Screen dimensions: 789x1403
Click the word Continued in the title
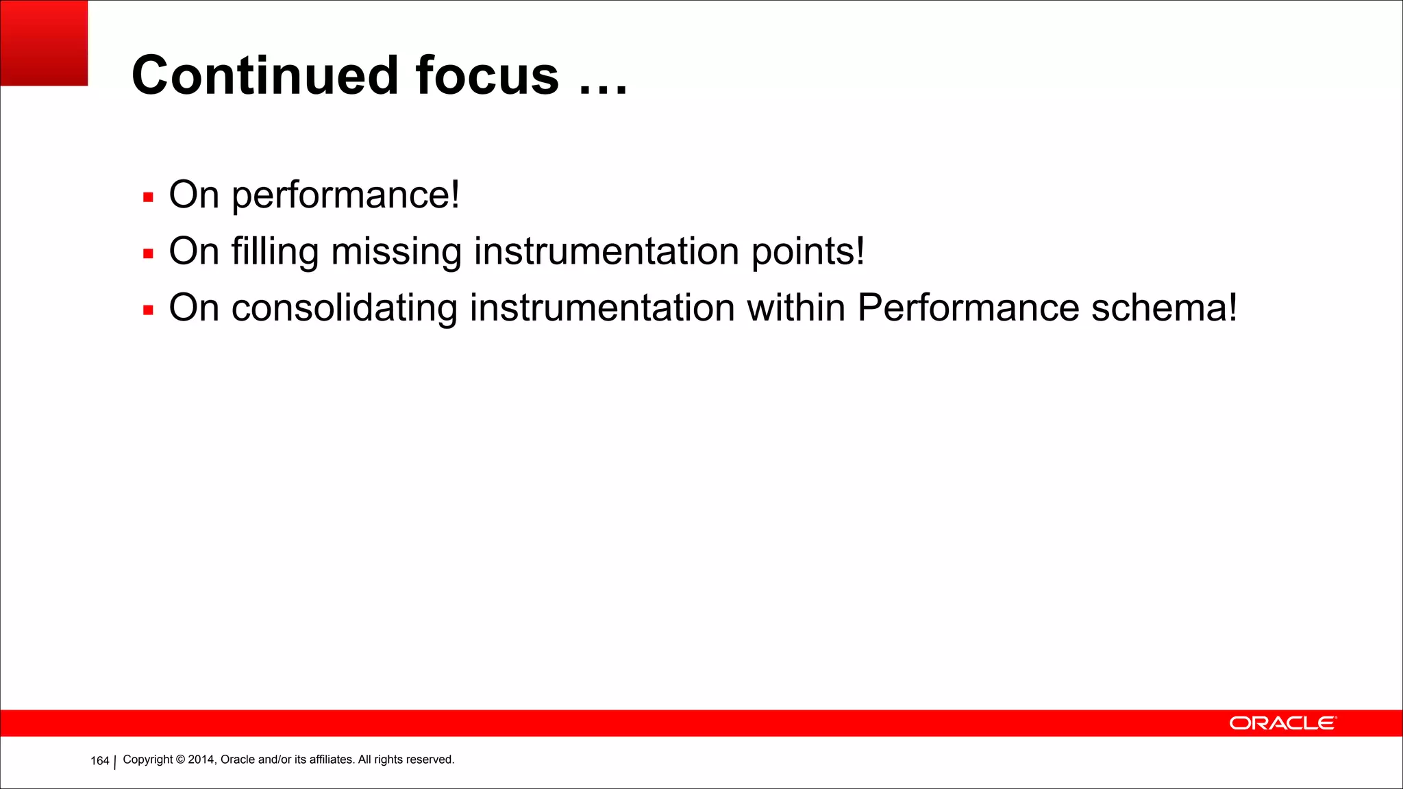264,75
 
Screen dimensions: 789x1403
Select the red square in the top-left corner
44,43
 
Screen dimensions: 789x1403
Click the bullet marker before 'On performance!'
148,198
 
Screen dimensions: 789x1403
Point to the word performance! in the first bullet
345,196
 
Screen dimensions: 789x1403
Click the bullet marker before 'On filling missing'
148,254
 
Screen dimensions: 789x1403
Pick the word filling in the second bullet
275,252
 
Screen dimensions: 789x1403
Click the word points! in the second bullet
808,252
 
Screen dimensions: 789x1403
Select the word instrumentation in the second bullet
606,251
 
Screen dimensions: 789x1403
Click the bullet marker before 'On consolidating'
148,311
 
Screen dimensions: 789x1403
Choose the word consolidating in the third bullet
344,308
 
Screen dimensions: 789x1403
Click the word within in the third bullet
795,308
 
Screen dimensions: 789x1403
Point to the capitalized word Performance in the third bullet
968,308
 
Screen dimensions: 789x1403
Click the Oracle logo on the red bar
1282,723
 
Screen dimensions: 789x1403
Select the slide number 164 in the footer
100,761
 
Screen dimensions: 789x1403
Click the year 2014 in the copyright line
201,760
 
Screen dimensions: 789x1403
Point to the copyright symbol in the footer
181,760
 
